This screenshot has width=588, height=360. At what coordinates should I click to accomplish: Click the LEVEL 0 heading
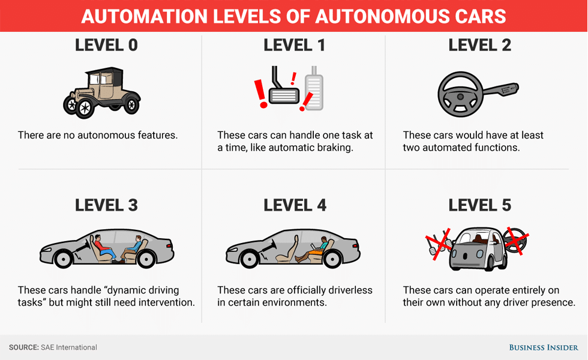coord(106,45)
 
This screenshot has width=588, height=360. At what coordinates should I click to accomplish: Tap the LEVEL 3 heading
coord(106,205)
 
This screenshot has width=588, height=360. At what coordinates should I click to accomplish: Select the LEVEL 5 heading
coord(480,205)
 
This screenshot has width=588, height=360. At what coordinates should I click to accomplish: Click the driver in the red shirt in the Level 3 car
coord(103,245)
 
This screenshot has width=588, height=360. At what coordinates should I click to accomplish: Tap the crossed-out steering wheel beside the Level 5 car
coord(514,241)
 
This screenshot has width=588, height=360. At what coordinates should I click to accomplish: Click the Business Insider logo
coord(544,347)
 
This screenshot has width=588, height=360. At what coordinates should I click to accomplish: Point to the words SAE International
coord(68,347)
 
